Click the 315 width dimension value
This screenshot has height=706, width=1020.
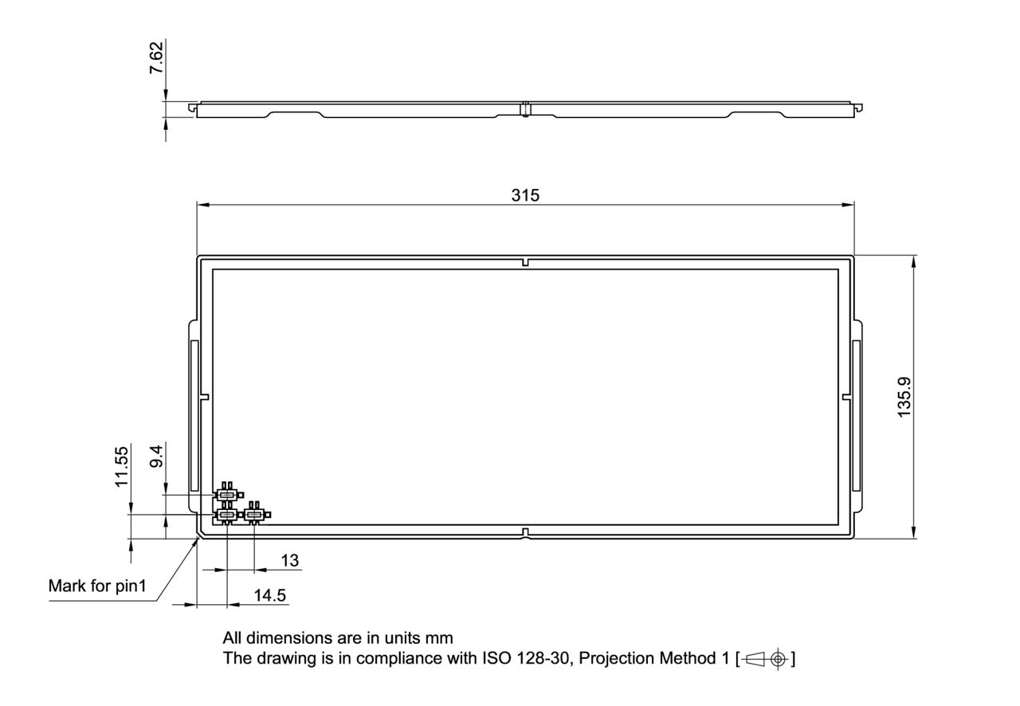pos(525,195)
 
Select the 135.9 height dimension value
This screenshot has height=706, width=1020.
pos(904,397)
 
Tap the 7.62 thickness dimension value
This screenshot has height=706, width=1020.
pos(157,58)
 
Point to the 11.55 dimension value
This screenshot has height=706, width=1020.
pos(121,466)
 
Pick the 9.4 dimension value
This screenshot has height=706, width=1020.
pos(157,457)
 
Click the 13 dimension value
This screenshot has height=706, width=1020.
pos(290,560)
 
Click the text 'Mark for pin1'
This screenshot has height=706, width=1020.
pos(98,586)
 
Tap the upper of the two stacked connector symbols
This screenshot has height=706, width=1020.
pos(227,495)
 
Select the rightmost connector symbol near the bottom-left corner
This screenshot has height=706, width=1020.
pos(254,515)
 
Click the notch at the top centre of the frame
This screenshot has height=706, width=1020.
pos(526,262)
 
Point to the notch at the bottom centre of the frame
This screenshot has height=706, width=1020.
pos(526,531)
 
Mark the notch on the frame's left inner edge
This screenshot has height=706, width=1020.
pos(204,396)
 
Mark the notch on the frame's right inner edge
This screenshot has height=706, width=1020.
pos(846,396)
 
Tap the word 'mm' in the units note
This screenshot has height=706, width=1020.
pos(440,638)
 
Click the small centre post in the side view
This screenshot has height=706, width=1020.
pos(526,109)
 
